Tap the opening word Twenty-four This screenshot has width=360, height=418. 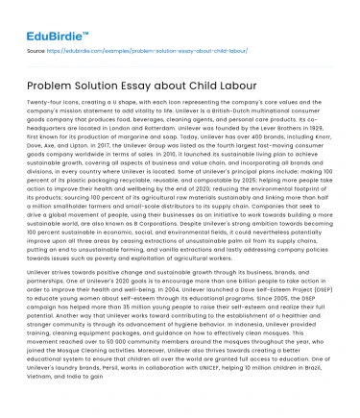[43, 101]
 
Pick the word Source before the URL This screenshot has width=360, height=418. [36, 45]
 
